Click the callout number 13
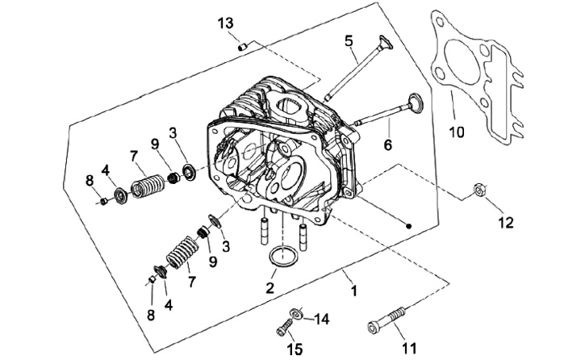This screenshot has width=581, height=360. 225,23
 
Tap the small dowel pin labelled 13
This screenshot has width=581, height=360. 242,47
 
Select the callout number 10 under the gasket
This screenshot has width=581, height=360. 457,132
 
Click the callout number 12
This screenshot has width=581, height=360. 506,223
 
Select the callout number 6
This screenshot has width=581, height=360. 387,144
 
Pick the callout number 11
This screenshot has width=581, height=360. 409,348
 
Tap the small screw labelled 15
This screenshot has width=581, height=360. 284,328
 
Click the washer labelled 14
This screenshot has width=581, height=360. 296,313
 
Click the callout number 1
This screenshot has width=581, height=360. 354,291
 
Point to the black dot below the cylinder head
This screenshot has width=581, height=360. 408,226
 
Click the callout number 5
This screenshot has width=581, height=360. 349,41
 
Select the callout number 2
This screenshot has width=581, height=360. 270,287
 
